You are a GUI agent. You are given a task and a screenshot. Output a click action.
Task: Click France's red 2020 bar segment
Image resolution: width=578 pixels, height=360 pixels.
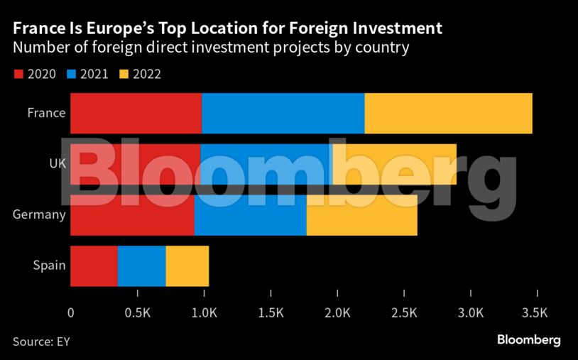pyautogui.click(x=136, y=113)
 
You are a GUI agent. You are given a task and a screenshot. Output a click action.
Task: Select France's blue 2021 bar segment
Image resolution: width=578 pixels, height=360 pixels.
pyautogui.click(x=283, y=113)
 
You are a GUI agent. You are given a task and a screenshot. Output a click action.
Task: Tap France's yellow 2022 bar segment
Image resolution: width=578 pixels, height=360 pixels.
pyautogui.click(x=448, y=113)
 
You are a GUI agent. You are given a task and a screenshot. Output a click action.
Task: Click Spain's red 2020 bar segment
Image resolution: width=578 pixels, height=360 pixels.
pyautogui.click(x=94, y=266)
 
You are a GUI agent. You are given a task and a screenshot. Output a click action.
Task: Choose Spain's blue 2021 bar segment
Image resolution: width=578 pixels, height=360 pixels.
pyautogui.click(x=141, y=266)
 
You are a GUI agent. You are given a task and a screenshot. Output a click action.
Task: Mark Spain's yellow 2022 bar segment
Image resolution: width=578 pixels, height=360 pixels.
pyautogui.click(x=187, y=266)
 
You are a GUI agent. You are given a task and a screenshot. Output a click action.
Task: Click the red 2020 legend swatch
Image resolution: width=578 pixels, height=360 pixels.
pyautogui.click(x=18, y=74)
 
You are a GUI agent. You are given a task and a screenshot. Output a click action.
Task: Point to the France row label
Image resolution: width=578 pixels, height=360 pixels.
pyautogui.click(x=46, y=113)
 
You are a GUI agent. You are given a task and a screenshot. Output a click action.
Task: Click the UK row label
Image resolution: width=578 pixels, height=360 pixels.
pyautogui.click(x=57, y=164)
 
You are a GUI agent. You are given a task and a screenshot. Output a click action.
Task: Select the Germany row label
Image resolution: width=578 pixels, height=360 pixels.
pyautogui.click(x=39, y=214)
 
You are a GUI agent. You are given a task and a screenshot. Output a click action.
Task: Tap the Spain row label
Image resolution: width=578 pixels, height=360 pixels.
pyautogui.click(x=49, y=266)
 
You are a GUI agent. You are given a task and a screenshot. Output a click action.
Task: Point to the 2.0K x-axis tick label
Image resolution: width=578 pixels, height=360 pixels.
pyautogui.click(x=337, y=312)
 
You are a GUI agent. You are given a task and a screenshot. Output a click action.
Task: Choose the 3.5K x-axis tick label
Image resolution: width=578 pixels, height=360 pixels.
pyautogui.click(x=535, y=312)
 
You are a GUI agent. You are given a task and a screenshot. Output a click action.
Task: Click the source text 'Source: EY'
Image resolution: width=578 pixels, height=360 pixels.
pyautogui.click(x=41, y=342)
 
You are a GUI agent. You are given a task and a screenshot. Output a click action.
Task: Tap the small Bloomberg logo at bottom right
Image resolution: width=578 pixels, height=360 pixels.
pyautogui.click(x=528, y=340)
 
